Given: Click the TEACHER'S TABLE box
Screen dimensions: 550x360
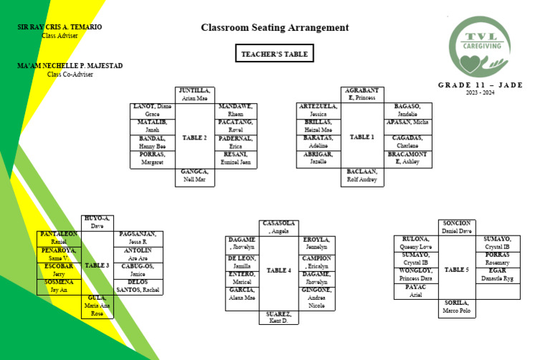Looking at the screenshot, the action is pos(274,54).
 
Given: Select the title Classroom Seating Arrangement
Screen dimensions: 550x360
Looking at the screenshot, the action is pos(274,28).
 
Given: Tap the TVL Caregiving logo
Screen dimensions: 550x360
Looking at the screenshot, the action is pos(481,47).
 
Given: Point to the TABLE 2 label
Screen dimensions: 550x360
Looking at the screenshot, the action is pos(194,137).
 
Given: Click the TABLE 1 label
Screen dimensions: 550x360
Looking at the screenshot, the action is pos(362,137).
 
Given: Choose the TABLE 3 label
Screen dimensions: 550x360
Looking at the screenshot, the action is pos(97,266).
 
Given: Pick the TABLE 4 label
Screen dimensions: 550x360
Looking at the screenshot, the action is pos(279,271).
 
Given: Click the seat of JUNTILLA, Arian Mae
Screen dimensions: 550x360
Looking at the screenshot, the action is pos(194,94).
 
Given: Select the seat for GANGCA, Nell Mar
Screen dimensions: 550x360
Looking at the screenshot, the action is pos(194,176).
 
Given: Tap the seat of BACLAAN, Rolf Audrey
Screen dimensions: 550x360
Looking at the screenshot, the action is pos(362,176).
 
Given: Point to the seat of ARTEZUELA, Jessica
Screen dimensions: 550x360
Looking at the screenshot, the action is pos(318,110).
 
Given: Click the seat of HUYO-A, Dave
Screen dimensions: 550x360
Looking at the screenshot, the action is pos(97,222).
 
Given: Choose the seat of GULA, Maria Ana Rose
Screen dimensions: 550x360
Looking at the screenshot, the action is pos(97,306).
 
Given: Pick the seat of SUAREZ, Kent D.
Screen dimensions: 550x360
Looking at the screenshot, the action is pos(279,317).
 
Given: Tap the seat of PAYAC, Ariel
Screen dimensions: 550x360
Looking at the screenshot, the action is pos(416,291).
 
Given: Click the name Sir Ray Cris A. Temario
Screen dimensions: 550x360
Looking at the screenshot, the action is pos(59,27).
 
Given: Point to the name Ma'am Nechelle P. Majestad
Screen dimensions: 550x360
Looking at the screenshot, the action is pos(70,66).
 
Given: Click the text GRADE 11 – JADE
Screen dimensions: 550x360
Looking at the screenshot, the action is pos(480,85).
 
